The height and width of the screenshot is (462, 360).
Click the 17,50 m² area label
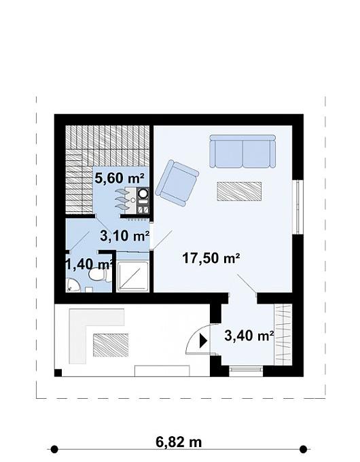tap(211, 258)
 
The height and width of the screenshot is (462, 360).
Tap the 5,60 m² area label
tap(120, 178)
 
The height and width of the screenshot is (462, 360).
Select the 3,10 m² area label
tap(124, 236)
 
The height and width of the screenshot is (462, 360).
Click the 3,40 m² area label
tap(249, 336)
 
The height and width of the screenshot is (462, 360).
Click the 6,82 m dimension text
tap(179, 442)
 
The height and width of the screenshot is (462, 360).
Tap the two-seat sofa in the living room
tap(242, 151)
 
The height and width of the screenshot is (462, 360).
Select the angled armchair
tap(177, 183)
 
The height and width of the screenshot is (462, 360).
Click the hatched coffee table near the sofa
tap(239, 192)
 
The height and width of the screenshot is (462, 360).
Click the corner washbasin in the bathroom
tap(73, 285)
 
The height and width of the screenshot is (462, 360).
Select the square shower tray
tap(132, 277)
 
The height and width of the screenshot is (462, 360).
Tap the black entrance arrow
tap(203, 340)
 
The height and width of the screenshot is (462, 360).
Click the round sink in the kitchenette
tap(143, 193)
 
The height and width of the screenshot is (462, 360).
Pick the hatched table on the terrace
tap(111, 345)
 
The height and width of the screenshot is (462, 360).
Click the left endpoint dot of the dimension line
tap(54, 449)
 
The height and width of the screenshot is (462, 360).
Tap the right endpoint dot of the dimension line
tap(303, 449)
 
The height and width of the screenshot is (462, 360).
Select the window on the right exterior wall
tap(298, 207)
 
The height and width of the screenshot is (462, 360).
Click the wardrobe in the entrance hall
tap(283, 335)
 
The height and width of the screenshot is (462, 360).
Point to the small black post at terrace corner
tap(58, 373)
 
